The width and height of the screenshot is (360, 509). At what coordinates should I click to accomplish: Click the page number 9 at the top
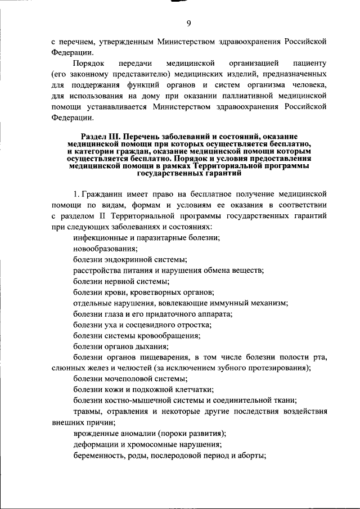[x=189, y=22]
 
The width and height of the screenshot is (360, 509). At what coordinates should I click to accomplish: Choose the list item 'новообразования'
[x=105, y=249]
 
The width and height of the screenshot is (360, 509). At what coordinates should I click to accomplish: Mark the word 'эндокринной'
[x=130, y=260]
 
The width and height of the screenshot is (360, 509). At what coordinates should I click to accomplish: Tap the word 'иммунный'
[x=223, y=303]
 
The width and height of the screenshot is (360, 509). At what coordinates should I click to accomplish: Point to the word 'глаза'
[x=114, y=313]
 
